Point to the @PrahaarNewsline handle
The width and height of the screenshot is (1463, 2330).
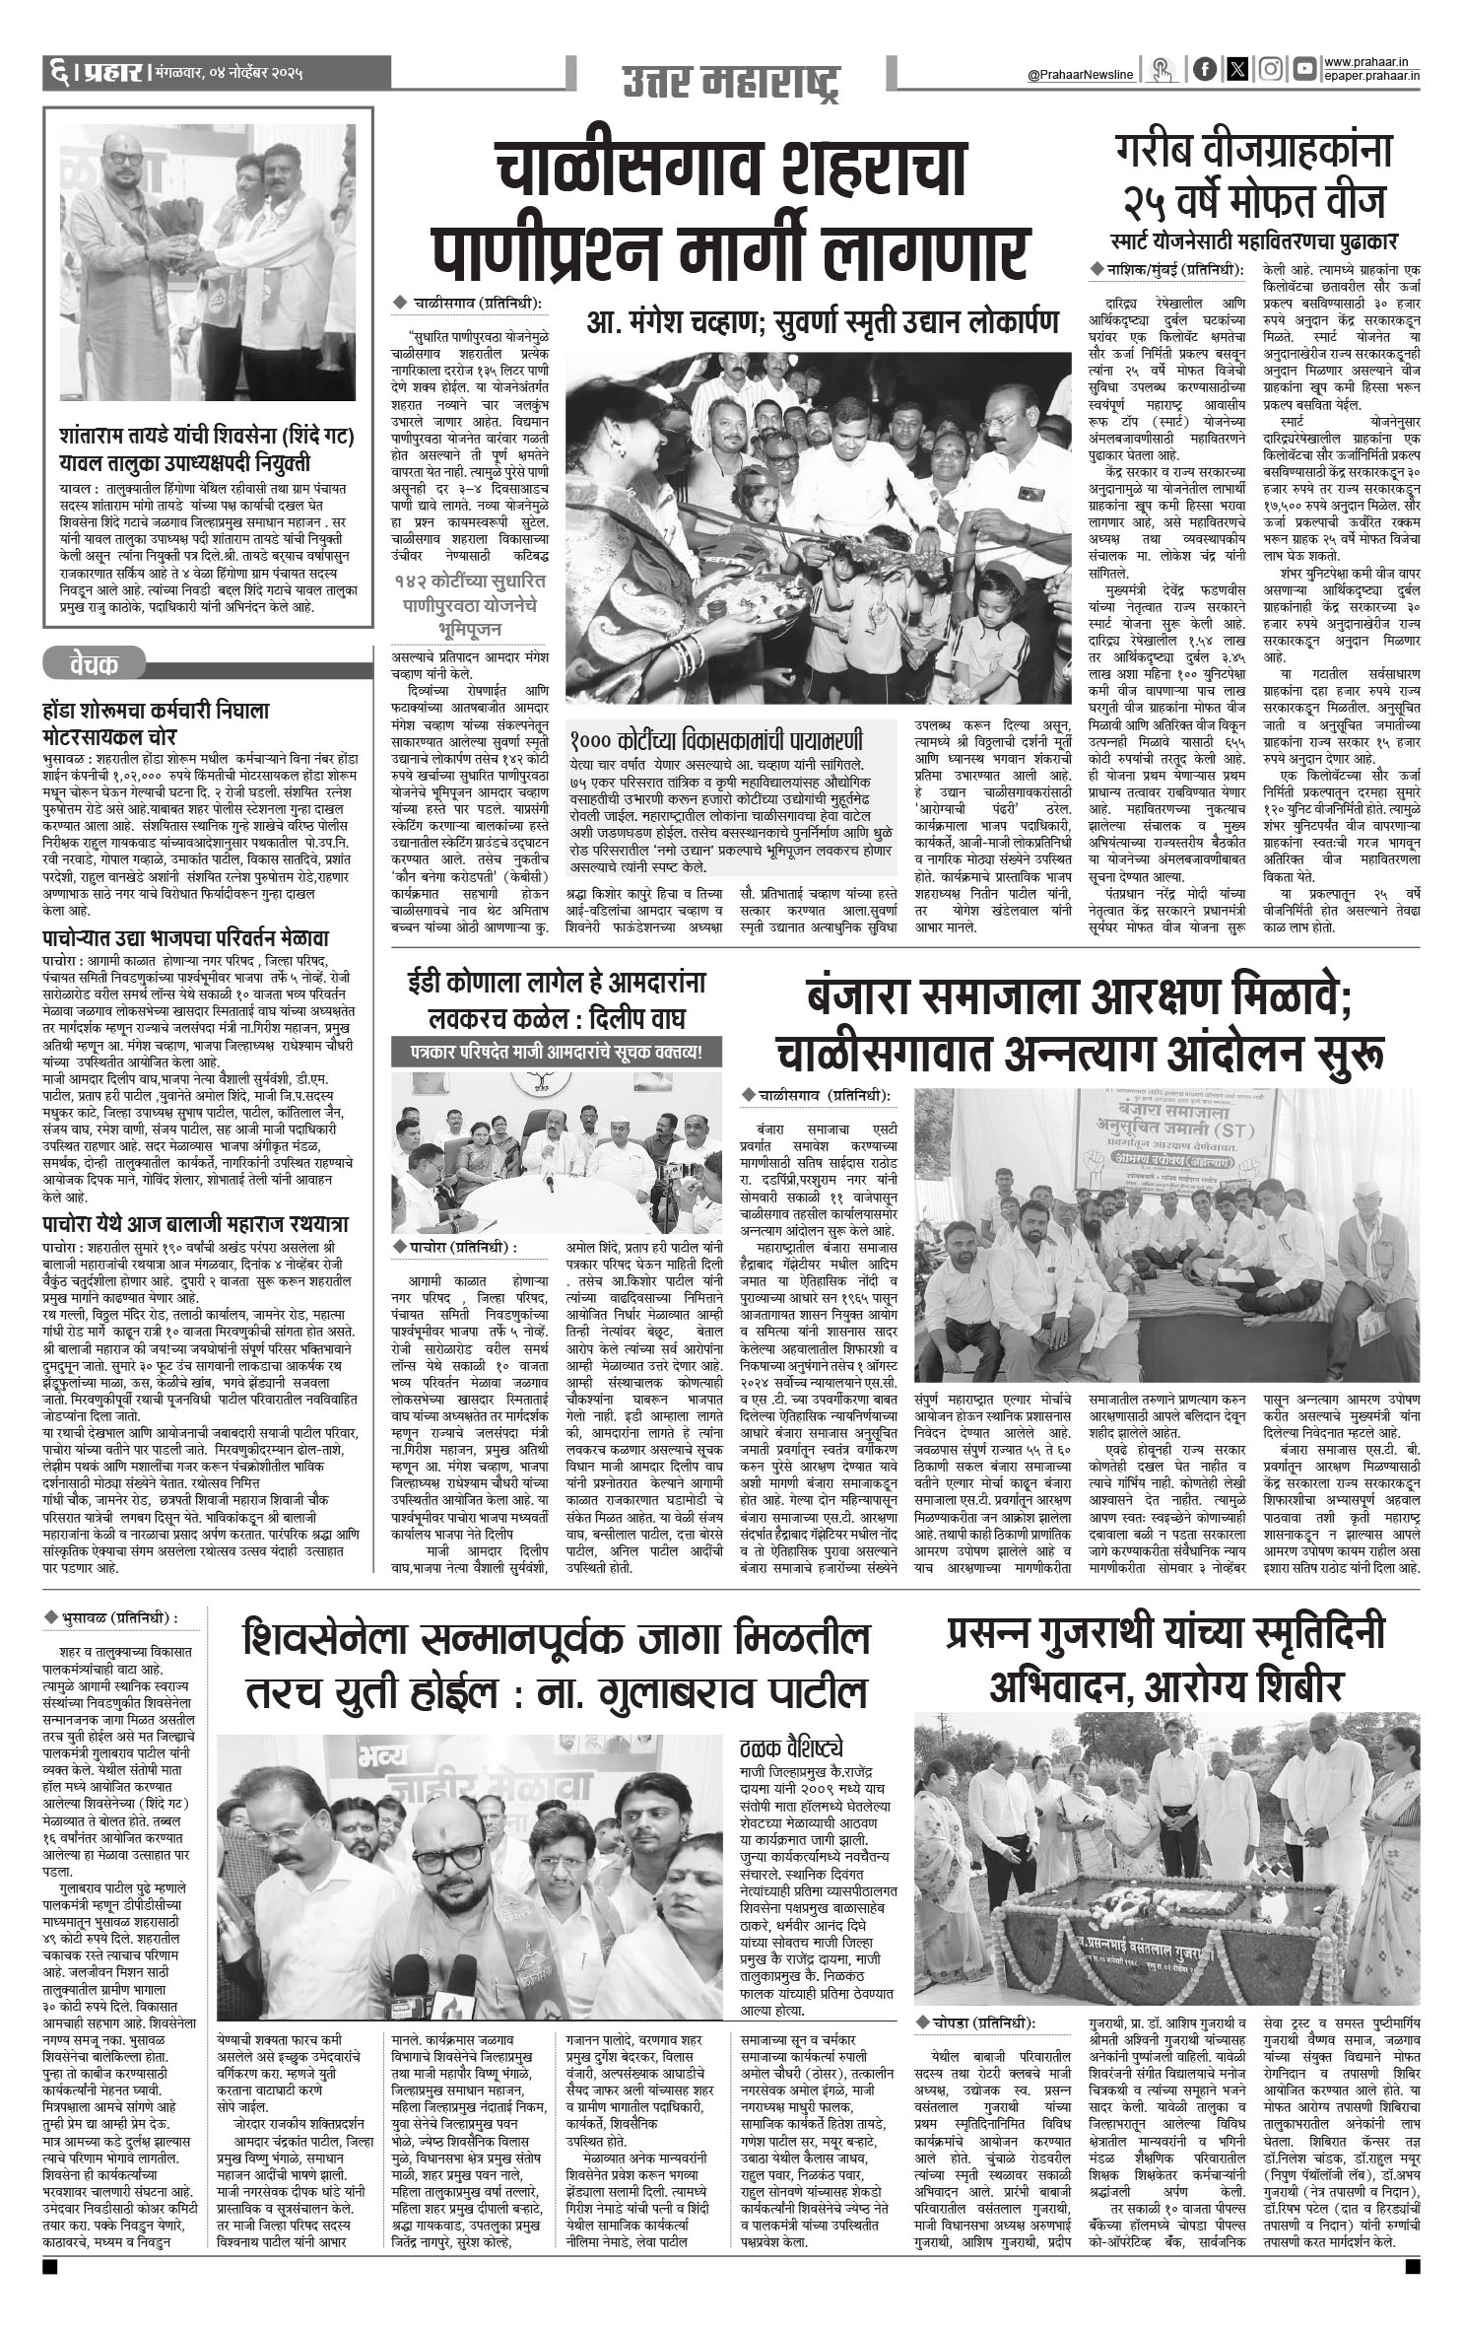coord(1080,74)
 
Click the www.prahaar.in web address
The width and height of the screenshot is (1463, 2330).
coord(1374,62)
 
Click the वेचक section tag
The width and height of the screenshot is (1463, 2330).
coord(95,662)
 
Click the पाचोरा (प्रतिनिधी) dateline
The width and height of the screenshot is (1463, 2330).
coord(454,1248)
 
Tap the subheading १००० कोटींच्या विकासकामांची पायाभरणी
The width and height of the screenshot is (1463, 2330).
coord(716,740)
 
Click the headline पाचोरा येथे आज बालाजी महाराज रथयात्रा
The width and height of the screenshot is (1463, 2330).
coord(196,1225)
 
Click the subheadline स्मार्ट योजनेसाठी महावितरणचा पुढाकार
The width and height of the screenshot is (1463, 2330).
coord(1251,240)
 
